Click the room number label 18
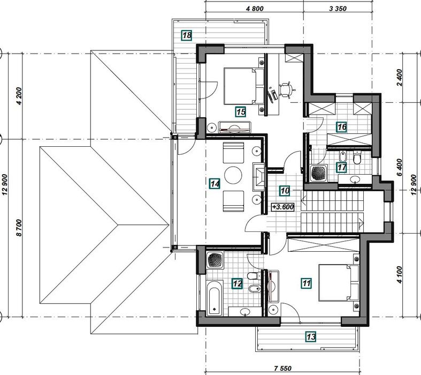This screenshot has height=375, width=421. [187, 35]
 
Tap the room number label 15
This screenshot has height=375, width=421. [241, 111]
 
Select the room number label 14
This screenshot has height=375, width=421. [215, 184]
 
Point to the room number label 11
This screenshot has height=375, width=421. [307, 283]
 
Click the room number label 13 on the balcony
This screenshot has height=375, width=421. [311, 336]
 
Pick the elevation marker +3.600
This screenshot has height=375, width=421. [283, 207]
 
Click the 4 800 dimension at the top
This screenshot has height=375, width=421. [255, 9]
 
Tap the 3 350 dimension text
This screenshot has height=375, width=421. [338, 9]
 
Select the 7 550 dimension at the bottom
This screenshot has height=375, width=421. [283, 368]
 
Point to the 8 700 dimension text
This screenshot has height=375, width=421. [19, 228]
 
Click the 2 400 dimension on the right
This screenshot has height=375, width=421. [399, 78]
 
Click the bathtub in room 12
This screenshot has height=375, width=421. [215, 298]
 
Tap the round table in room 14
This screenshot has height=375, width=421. [233, 175]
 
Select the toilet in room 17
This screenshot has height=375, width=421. [357, 158]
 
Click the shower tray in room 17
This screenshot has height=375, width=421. [319, 173]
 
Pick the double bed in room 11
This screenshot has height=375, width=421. [338, 283]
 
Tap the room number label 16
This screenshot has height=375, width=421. [341, 126]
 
